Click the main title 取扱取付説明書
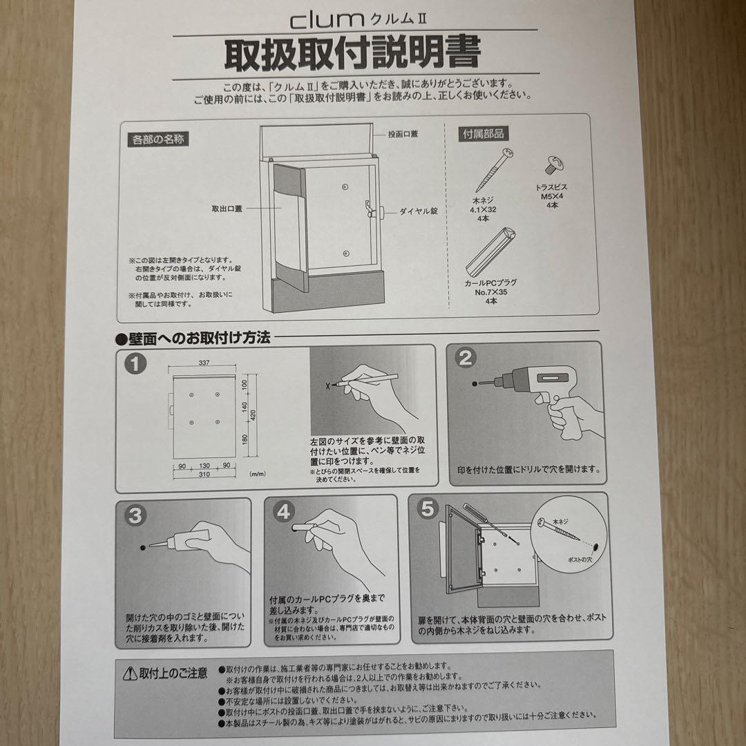[x=352, y=55]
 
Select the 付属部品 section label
[x=483, y=135]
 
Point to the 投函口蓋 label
[x=404, y=135]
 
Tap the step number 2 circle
[x=466, y=357]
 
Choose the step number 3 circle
[x=135, y=515]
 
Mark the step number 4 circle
[x=283, y=512]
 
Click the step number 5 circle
[x=429, y=509]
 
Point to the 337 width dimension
[x=203, y=362]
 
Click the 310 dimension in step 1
[x=203, y=475]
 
